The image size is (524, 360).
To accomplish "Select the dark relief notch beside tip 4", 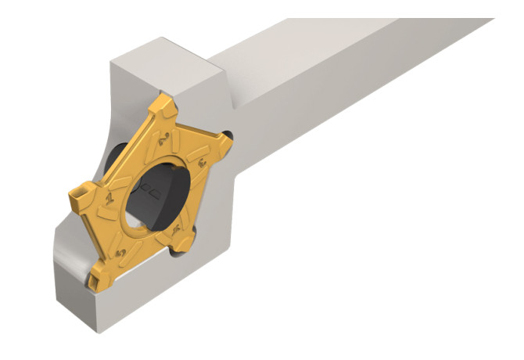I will pos(180,249).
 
